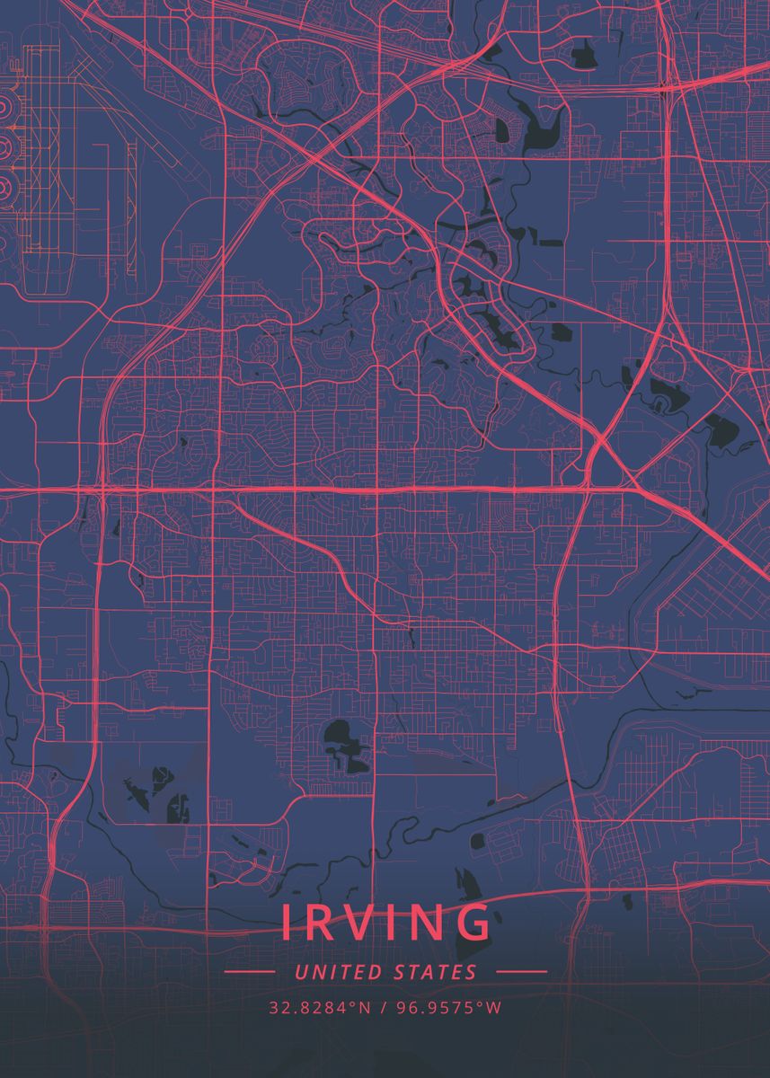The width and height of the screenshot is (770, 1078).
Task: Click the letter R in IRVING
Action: (320, 923)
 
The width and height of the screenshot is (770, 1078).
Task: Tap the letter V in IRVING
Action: (363, 923)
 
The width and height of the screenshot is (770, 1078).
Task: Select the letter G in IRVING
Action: (474, 923)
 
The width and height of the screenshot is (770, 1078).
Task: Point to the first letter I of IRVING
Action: (287, 923)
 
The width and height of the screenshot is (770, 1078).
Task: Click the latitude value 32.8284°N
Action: (319, 1008)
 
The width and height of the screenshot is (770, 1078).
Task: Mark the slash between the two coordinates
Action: (384, 1008)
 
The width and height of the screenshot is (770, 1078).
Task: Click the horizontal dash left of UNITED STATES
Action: (249, 972)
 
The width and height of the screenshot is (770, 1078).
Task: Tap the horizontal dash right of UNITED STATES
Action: (521, 972)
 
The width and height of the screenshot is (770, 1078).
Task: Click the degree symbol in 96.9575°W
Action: (482, 1004)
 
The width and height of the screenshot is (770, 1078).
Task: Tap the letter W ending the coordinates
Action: (492, 1008)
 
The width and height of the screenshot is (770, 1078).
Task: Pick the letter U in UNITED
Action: (299, 972)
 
